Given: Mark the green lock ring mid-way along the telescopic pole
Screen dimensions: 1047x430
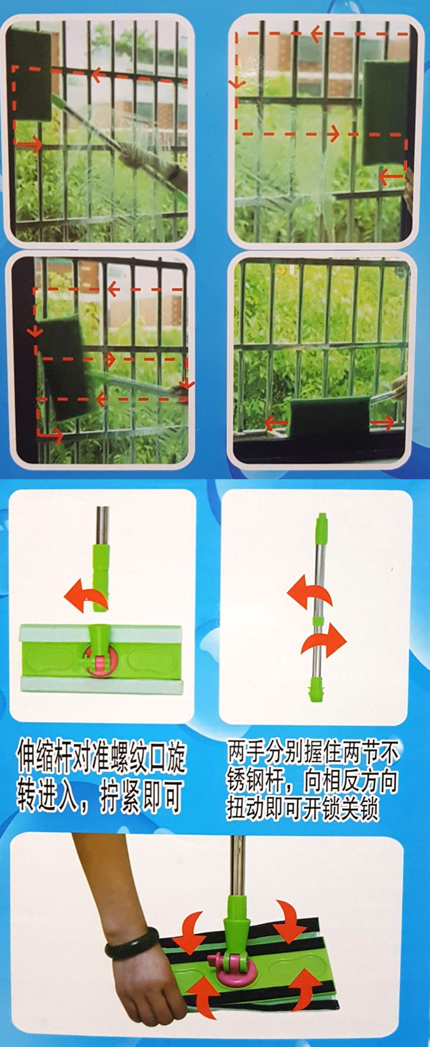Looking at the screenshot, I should click(318, 619).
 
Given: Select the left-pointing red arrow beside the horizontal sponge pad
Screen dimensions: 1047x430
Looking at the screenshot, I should click(276, 422).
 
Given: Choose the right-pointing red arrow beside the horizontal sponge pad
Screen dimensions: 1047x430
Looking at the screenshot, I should click(382, 422).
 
